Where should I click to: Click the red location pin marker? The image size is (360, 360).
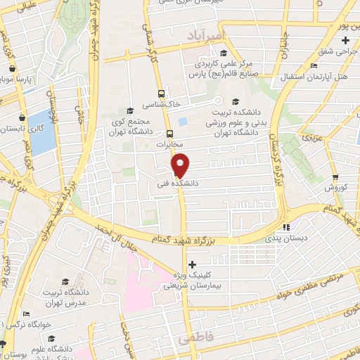[x=181, y=164]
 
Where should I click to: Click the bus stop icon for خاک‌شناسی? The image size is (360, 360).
[x=162, y=93]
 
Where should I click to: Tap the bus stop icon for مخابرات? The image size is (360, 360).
[x=169, y=134]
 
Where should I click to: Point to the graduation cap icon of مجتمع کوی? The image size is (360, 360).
[x=130, y=110]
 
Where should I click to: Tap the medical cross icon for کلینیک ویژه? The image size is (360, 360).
[x=192, y=264]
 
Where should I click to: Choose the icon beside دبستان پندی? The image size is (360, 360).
[x=285, y=227]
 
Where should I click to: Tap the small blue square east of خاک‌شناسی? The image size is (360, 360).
[x=183, y=121]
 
